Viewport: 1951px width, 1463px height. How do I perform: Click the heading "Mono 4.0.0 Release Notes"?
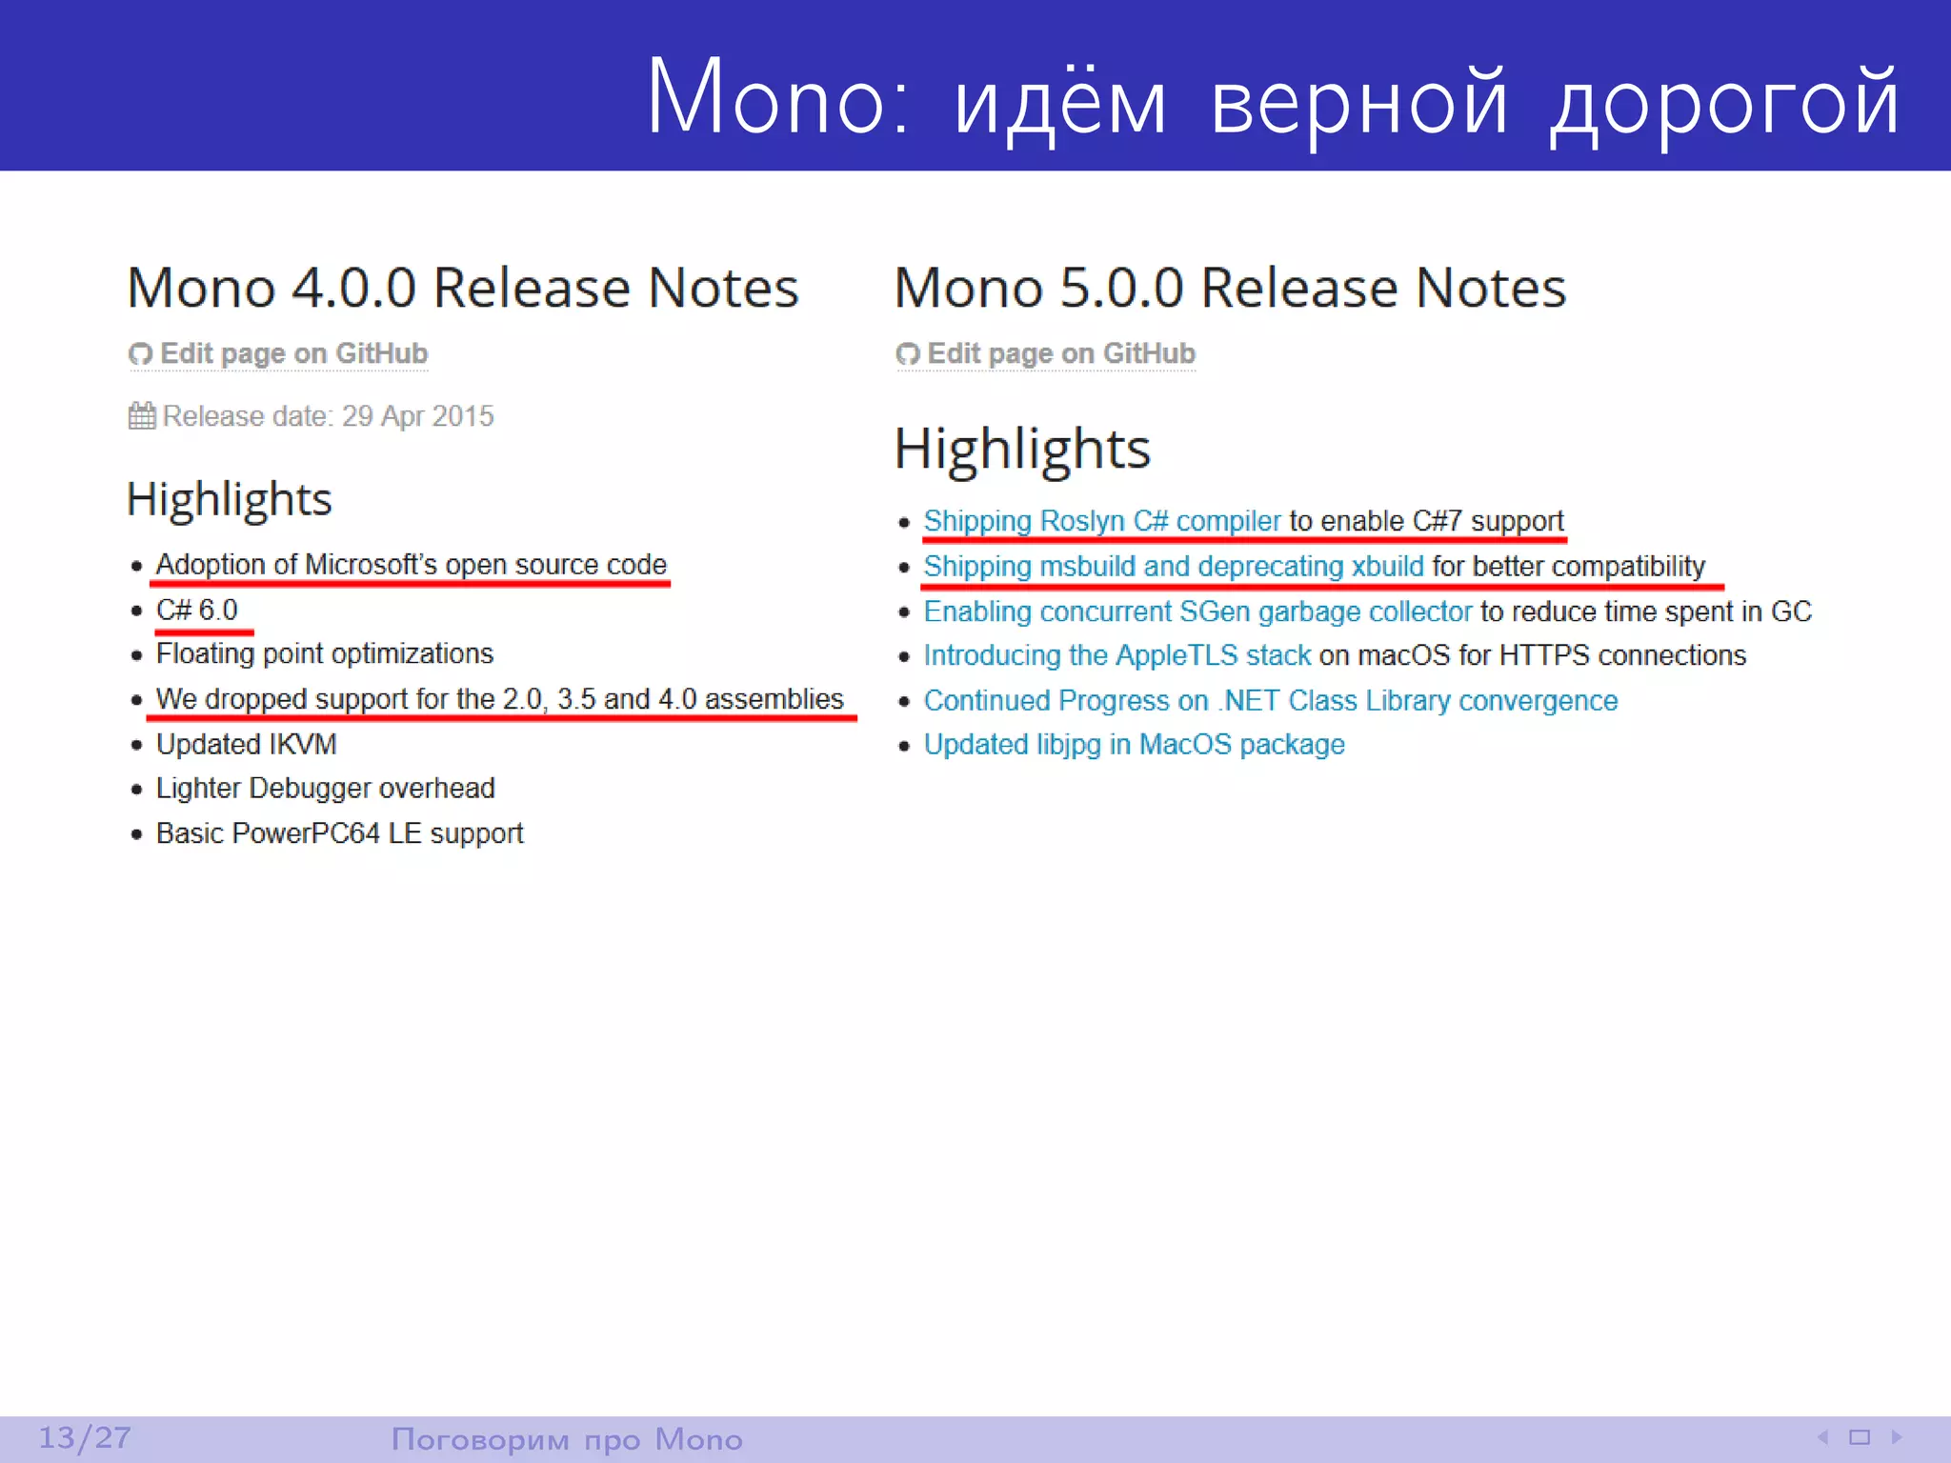[x=463, y=288]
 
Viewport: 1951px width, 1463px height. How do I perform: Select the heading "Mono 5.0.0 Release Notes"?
[x=1230, y=288]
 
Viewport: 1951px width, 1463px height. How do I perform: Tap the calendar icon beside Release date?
[x=142, y=416]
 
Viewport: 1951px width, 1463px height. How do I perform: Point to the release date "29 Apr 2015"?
[x=417, y=416]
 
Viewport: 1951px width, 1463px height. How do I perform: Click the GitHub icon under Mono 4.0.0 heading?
[x=141, y=354]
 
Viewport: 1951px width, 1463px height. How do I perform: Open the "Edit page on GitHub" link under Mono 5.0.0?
[x=1060, y=353]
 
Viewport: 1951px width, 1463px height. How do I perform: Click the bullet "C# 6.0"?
[x=197, y=610]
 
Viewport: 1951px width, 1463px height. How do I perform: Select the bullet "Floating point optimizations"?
[x=325, y=653]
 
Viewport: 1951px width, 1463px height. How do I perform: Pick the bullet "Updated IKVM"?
[x=247, y=744]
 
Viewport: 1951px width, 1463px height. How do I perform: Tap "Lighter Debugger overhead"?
[x=326, y=788]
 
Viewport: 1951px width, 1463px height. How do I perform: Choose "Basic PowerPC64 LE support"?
[x=340, y=833]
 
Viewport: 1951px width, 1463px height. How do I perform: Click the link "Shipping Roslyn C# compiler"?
[x=1102, y=521]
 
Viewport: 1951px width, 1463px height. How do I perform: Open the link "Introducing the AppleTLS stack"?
[x=1117, y=655]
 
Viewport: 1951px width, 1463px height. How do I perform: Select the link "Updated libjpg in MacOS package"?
[x=1134, y=744]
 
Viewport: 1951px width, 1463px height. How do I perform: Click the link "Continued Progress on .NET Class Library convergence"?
[x=1271, y=700]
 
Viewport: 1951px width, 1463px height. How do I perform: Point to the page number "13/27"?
[x=85, y=1437]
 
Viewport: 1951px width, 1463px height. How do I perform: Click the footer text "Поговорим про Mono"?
[x=567, y=1438]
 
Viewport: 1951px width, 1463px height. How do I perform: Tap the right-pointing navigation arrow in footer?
[x=1896, y=1436]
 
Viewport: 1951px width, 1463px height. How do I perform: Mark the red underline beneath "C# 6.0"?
[x=204, y=631]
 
